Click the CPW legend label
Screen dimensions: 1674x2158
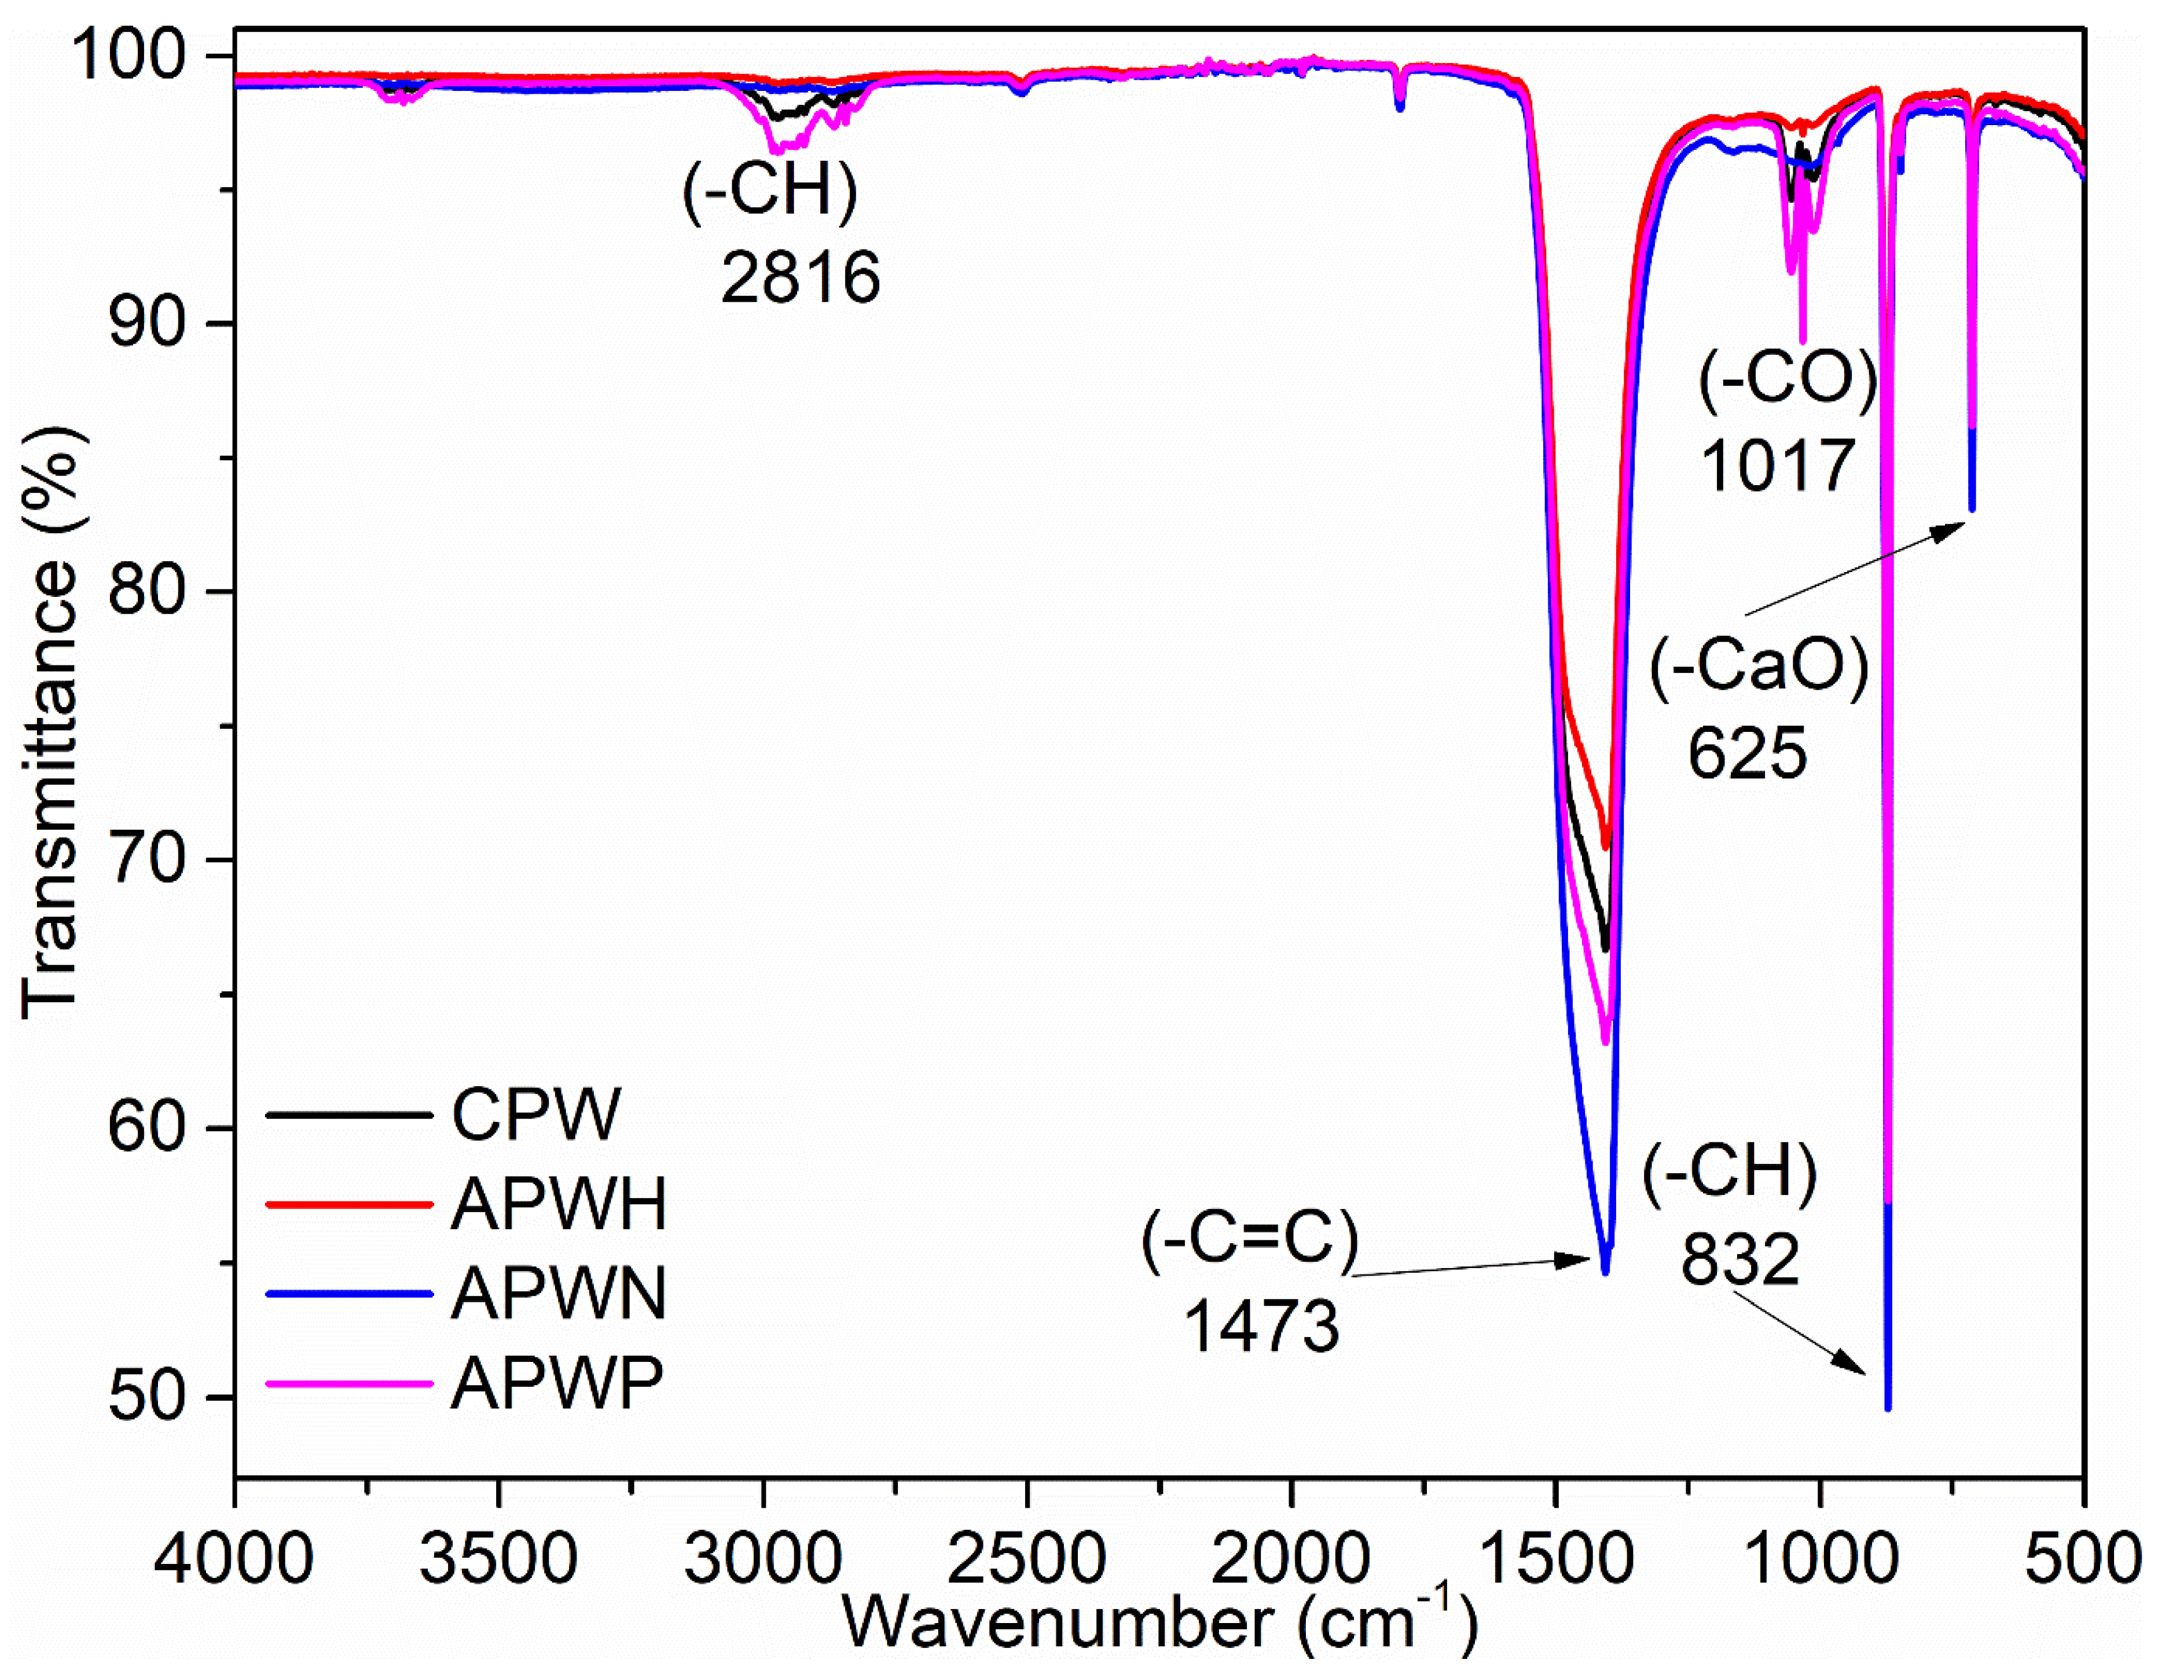537,1116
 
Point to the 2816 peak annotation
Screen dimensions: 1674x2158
801,278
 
